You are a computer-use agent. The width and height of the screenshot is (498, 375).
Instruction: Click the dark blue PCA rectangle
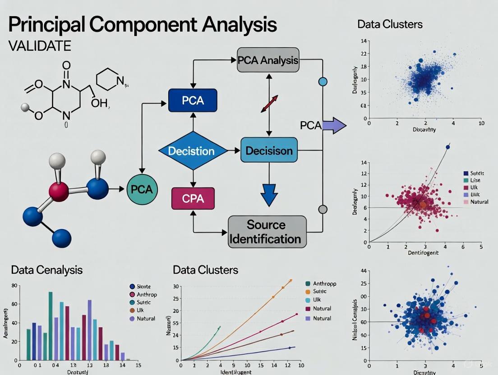click(x=193, y=100)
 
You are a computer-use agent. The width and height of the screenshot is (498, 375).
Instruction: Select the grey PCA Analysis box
click(x=268, y=59)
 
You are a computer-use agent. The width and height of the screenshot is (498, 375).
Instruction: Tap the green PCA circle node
click(x=142, y=189)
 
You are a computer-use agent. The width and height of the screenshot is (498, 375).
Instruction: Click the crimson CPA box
click(x=193, y=198)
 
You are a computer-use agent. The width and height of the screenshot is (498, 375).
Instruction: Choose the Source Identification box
click(x=267, y=232)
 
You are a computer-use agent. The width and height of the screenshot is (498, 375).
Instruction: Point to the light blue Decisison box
click(x=269, y=151)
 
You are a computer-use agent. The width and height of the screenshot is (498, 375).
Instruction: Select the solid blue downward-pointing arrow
click(x=269, y=194)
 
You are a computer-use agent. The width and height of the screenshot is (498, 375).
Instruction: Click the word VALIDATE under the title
click(x=40, y=46)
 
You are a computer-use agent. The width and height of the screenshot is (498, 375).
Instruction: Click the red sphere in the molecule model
click(x=59, y=191)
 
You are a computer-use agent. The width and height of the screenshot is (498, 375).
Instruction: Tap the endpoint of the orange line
click(x=290, y=280)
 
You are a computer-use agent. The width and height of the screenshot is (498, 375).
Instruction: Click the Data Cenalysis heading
click(x=47, y=270)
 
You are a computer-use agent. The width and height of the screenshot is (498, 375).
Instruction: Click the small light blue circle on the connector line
click(x=323, y=82)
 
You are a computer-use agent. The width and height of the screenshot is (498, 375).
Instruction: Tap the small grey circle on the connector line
click(x=323, y=209)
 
